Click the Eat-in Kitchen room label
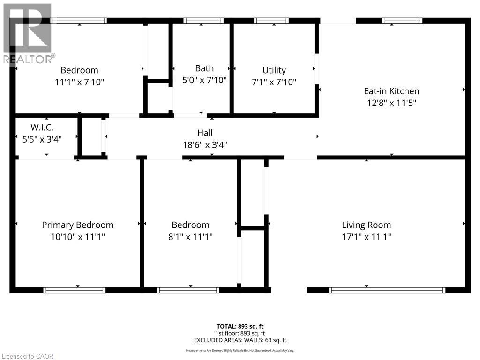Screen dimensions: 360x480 click(391, 91)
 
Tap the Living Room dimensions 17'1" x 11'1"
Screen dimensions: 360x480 click(366, 237)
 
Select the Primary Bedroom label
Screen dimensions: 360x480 click(78, 225)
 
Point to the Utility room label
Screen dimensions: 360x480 click(274, 70)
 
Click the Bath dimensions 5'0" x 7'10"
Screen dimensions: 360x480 click(204, 80)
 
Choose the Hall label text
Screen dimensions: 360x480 click(205, 134)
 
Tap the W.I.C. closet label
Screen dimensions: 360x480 click(42, 127)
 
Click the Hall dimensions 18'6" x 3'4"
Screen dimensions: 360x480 click(205, 145)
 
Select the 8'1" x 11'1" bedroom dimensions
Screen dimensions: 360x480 click(190, 237)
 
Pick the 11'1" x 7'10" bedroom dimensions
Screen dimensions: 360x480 click(79, 82)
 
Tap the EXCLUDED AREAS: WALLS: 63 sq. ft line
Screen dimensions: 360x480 click(240, 340)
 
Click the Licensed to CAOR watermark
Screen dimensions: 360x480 click(27, 356)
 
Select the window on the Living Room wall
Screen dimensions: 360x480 click(387, 290)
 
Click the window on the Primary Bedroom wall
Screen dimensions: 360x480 click(75, 290)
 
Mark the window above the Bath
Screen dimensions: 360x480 click(203, 21)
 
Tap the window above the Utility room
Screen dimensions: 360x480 click(271, 21)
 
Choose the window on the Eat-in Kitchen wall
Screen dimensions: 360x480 click(402, 21)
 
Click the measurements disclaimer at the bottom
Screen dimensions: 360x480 click(240, 350)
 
